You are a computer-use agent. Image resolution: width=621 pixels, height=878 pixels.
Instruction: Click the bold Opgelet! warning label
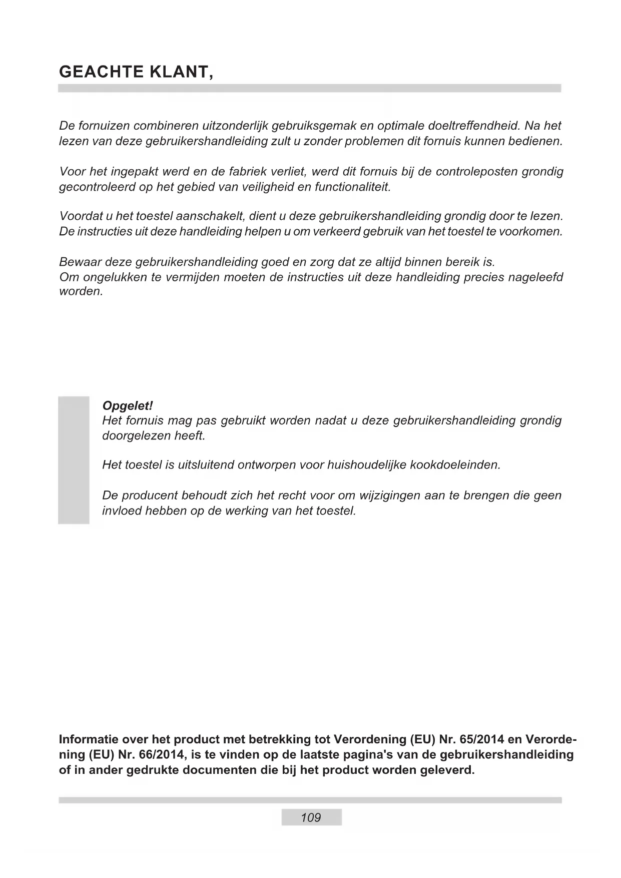[x=127, y=405]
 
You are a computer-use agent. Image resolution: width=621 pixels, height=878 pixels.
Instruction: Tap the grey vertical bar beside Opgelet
[x=74, y=460]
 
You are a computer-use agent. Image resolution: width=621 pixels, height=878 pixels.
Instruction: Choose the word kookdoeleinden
[x=455, y=465]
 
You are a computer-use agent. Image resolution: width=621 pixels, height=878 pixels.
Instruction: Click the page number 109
[x=311, y=817]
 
